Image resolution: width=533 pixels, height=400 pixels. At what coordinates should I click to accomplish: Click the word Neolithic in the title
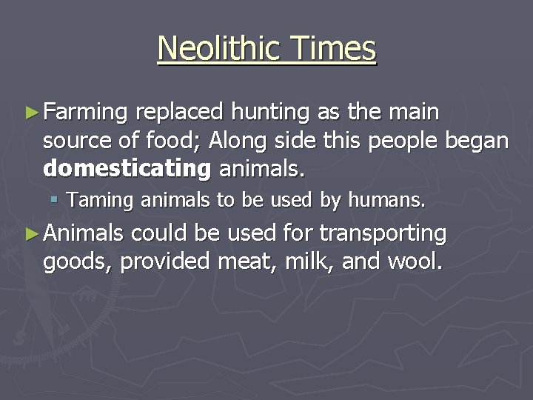215,49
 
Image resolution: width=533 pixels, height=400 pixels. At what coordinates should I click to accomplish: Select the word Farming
86,113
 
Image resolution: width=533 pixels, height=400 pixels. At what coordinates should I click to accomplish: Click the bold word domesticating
127,169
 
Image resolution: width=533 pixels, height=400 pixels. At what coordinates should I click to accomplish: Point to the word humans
389,199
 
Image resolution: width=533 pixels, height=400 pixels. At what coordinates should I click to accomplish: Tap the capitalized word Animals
84,234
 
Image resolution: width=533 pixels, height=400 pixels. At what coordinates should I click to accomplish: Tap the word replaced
181,113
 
